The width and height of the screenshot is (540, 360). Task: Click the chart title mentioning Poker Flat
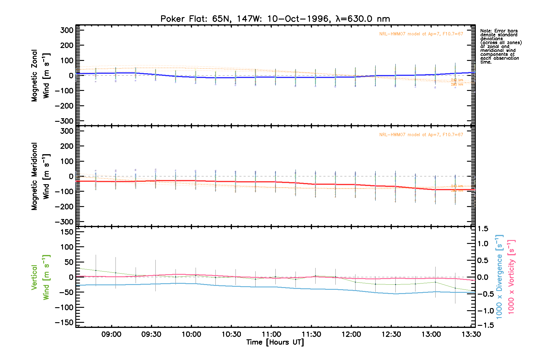[x=275, y=19]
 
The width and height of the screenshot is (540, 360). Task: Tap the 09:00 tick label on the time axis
[x=111, y=334]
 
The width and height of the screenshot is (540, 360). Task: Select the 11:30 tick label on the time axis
[x=311, y=334]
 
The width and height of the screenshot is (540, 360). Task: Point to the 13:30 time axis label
[x=471, y=334]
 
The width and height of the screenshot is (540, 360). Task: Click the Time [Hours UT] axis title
[x=275, y=342]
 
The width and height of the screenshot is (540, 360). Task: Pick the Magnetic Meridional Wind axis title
[x=40, y=176]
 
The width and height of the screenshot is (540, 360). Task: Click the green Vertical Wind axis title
[x=40, y=277]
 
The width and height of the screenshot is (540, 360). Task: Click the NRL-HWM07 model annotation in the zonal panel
[x=421, y=34]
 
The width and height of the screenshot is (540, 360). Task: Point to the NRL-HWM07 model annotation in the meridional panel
[x=421, y=135]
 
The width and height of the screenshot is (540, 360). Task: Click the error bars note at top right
[x=501, y=46]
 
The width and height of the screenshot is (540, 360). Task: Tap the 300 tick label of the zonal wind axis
[x=67, y=30]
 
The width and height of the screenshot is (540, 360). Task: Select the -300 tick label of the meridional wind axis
[x=64, y=222]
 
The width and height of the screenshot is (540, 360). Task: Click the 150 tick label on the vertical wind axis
[x=67, y=232]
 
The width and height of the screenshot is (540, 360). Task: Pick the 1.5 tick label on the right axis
[x=483, y=229]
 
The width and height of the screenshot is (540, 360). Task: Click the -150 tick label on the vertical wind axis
[x=64, y=322]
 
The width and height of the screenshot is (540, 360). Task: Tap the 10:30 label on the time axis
[x=231, y=334]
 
